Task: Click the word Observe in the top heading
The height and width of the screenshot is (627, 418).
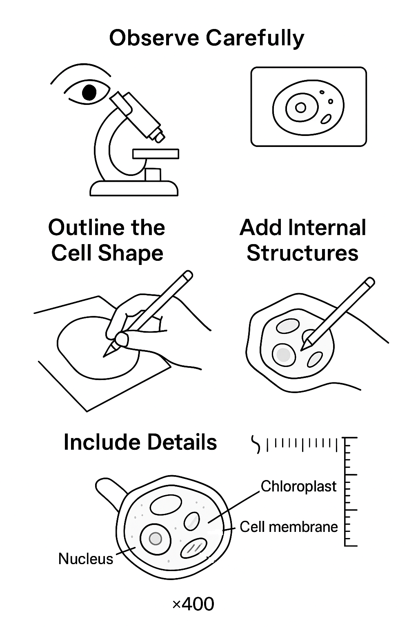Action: pos(154,38)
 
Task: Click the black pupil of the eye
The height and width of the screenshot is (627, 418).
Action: pos(89,92)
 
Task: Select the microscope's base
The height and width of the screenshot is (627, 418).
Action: pos(134,188)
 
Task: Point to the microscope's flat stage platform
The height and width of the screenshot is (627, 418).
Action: pos(156,153)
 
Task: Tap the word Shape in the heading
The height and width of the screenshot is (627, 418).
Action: pos(131,254)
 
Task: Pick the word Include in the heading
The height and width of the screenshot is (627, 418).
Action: pos(102,442)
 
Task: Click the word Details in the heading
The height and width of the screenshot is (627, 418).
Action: pos(182,442)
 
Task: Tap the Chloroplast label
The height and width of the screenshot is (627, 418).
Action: pos(298,486)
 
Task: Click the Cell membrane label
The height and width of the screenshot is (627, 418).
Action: pos(289,527)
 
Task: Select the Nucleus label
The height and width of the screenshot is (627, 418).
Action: pos(86,559)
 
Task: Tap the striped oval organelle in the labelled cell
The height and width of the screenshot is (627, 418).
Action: pos(193,548)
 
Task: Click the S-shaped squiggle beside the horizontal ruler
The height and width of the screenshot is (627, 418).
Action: pos(256,445)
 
